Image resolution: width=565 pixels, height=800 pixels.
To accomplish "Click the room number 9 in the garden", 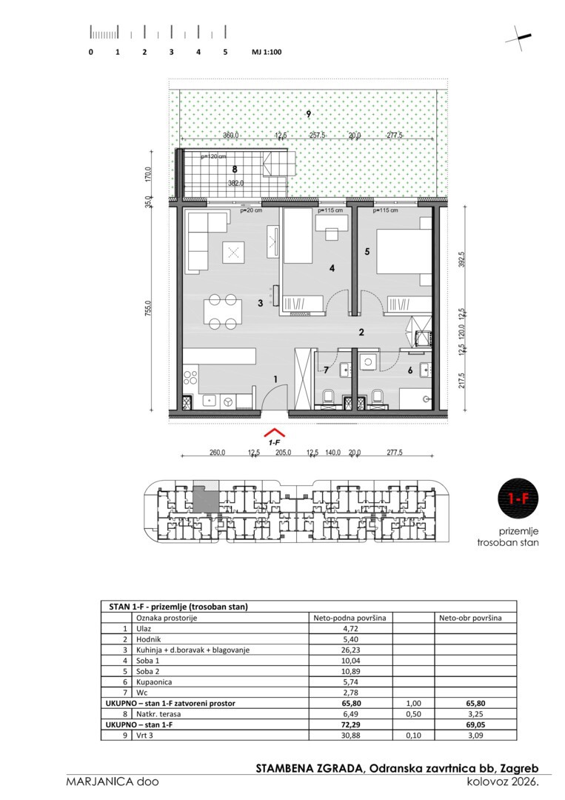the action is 309,114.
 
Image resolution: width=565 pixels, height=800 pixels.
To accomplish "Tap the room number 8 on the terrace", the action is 235,169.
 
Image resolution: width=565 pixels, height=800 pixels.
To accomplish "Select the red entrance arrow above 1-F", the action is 274,433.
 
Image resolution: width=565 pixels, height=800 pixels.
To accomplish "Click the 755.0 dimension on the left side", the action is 148,308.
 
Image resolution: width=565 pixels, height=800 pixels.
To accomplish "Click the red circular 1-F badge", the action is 518,498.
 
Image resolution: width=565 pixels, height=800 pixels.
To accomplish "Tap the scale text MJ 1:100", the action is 267,52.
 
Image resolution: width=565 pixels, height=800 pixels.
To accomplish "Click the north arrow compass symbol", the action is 518,39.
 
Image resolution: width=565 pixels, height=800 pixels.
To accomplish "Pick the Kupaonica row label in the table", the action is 154,682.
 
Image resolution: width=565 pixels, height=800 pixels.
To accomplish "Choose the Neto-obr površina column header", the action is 470,618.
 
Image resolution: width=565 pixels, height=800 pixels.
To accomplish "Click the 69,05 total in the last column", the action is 475,724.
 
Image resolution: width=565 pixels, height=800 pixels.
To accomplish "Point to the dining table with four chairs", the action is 223,311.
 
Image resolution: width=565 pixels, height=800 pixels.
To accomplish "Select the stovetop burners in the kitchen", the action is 190,378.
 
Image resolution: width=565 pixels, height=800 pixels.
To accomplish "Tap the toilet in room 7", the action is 328,398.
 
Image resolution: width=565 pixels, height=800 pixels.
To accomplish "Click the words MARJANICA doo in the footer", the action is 112,781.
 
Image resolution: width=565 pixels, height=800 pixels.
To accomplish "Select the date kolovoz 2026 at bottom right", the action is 503,781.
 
